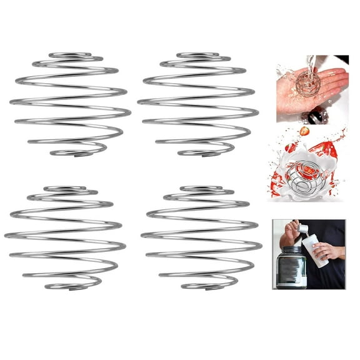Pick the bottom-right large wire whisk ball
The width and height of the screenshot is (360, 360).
point(201,237)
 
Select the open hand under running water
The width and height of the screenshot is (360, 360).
point(312,87)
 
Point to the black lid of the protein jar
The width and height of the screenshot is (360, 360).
point(291,251)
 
